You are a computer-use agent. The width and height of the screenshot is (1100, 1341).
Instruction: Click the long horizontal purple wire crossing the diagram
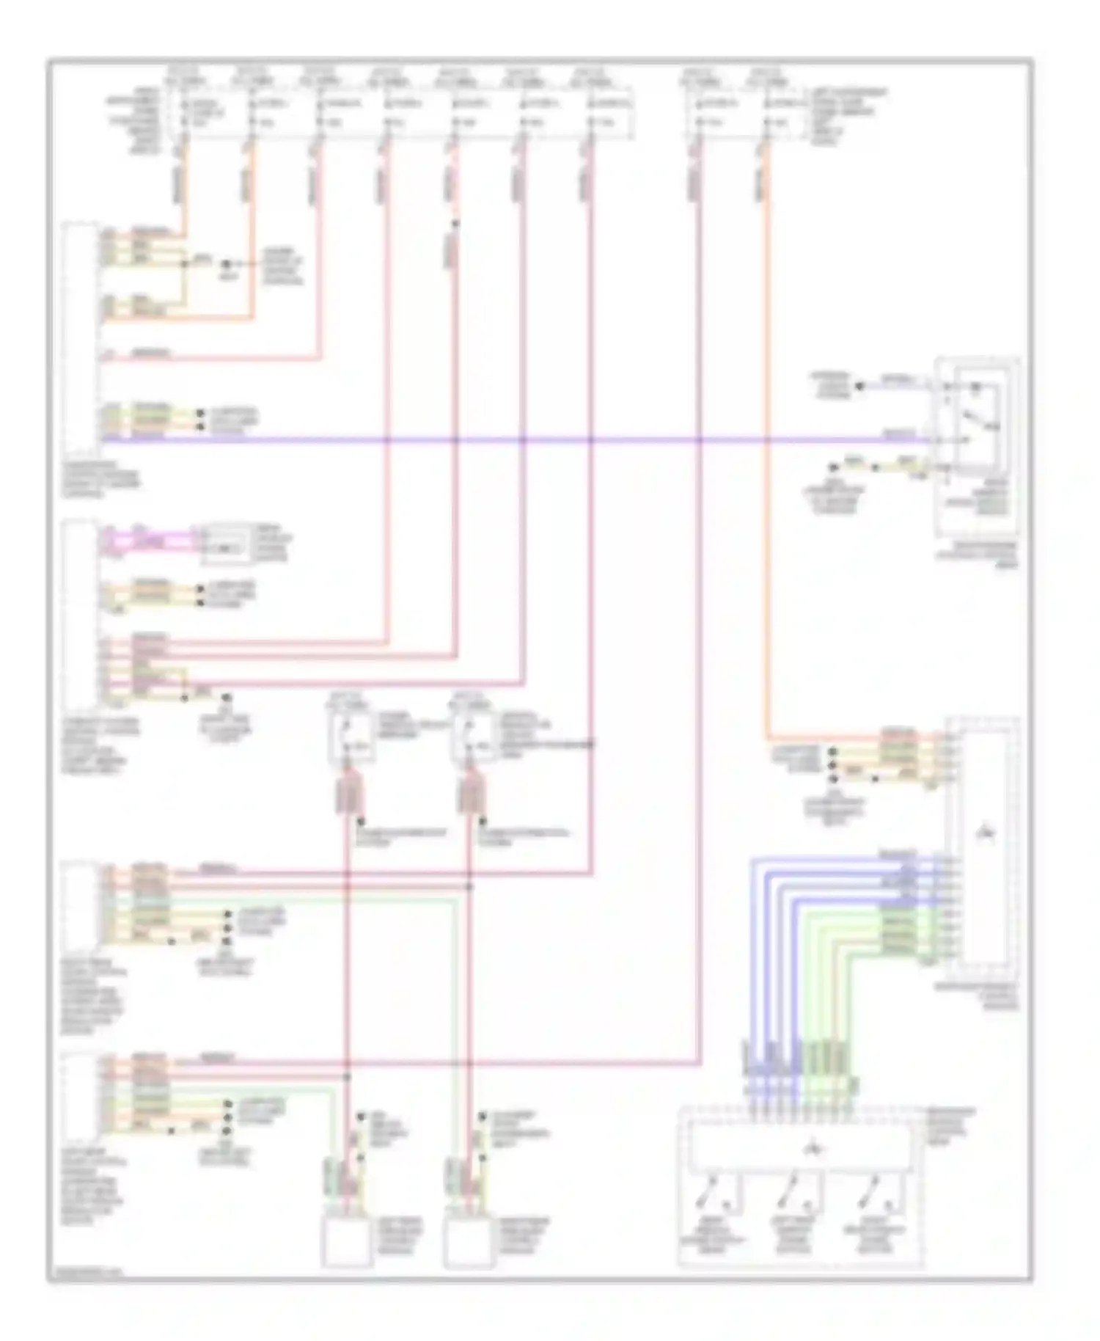(x=513, y=440)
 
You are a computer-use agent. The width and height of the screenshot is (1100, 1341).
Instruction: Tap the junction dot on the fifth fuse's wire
(x=455, y=224)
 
